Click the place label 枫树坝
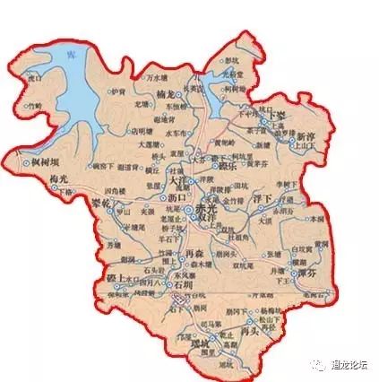pos(42,161)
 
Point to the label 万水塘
pos(158,66)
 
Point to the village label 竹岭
pos(34,105)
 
